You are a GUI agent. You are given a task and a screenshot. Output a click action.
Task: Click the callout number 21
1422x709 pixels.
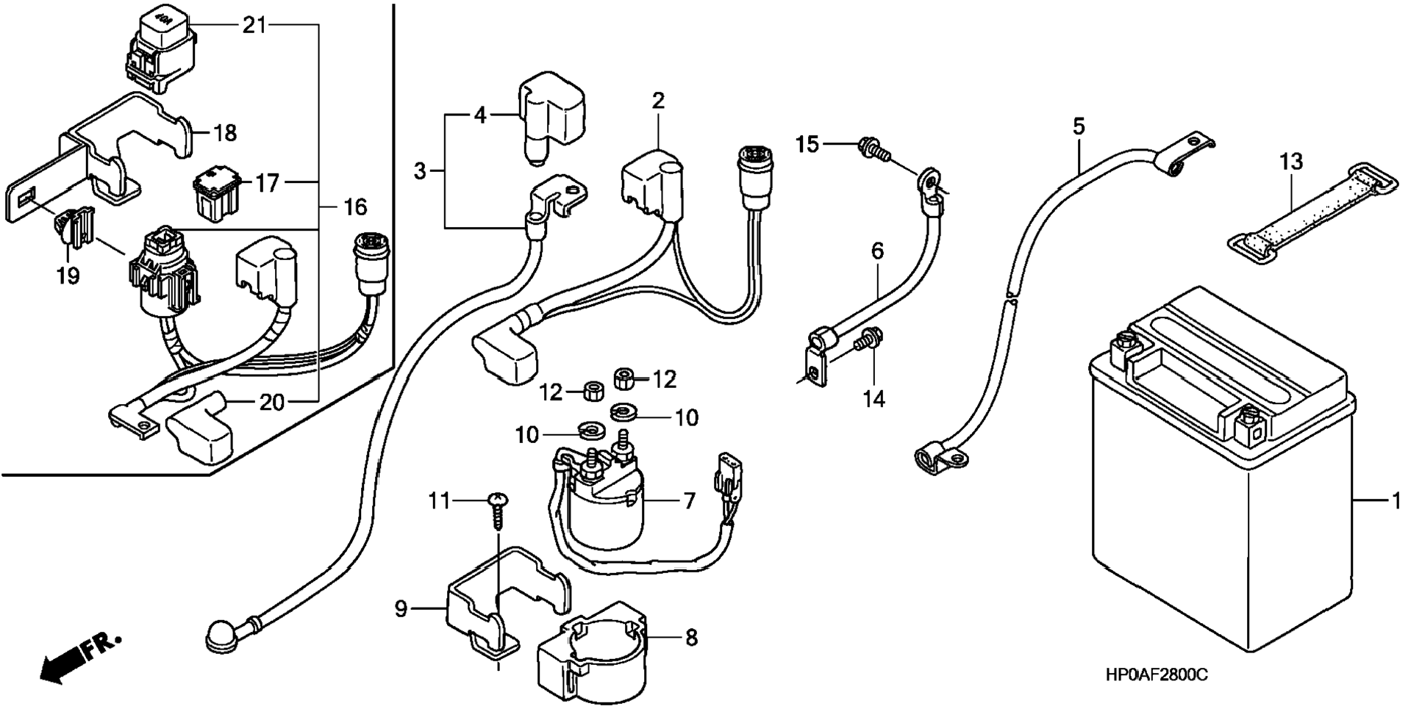coord(254,26)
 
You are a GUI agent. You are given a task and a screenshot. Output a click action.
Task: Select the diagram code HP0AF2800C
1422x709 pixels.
coord(1156,675)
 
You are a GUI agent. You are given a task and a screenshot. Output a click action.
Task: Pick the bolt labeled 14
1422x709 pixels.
coord(870,339)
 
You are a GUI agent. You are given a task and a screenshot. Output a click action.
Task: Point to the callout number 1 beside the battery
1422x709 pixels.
coord(1396,502)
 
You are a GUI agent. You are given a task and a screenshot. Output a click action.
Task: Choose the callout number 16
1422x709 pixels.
coord(355,207)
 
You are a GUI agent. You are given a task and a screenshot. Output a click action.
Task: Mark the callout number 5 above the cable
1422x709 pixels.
coord(1079,126)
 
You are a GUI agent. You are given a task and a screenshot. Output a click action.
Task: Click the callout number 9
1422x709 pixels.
coord(401,609)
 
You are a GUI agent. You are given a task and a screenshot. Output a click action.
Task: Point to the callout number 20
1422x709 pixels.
coord(271,402)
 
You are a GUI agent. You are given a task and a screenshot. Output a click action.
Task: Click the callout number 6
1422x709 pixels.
coord(877,251)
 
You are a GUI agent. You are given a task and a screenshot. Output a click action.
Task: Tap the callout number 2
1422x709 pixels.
coord(658,101)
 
